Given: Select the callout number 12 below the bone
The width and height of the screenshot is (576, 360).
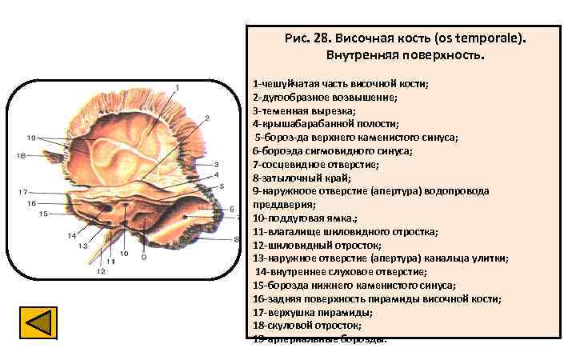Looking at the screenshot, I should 101,271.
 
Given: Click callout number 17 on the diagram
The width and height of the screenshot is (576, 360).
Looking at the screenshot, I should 24,192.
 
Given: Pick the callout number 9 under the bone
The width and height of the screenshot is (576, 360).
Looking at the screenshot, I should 143,257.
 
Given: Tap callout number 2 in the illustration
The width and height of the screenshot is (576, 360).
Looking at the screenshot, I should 206,118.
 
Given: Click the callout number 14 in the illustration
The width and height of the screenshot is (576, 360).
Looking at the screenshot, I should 72,235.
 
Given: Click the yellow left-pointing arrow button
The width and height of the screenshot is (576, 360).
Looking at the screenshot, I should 38,324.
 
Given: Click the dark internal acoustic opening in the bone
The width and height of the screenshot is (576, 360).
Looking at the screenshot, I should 106,210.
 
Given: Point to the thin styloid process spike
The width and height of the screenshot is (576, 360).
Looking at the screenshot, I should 107,252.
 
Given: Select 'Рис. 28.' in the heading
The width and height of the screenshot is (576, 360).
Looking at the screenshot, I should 307,39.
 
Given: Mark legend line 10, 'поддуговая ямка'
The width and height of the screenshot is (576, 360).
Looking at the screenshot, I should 305,218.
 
